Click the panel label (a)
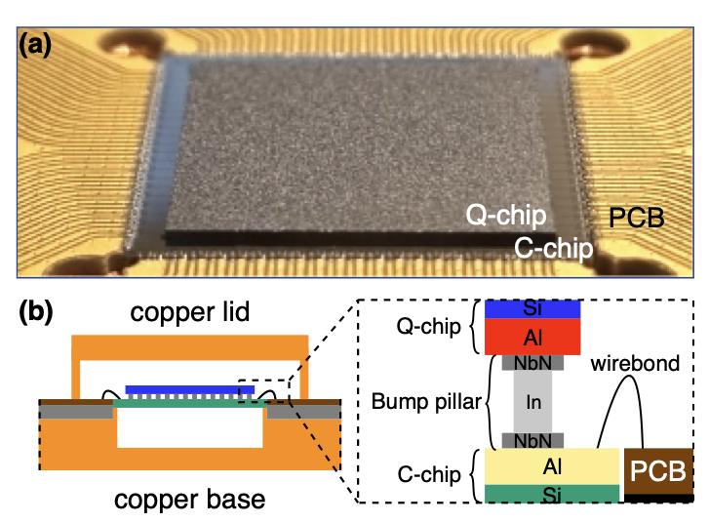pos(37,46)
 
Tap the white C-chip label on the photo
pos(554,247)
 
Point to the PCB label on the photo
pos(638,217)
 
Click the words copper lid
pos(190,314)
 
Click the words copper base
pos(190,500)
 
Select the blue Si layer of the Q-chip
pos(532,308)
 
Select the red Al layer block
pos(532,336)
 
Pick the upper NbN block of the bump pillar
pos(532,362)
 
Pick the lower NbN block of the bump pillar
pos(532,440)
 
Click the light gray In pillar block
pos(532,401)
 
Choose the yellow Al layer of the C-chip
pos(552,466)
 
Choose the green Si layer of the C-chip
pos(552,493)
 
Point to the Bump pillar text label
pos(425,401)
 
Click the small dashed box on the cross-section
pos(264,389)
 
